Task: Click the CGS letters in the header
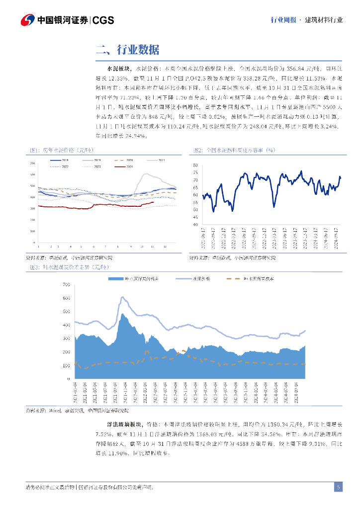103,20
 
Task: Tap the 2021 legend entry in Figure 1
158,160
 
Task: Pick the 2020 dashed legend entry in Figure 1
125,160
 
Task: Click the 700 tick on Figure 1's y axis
33,163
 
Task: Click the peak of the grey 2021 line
145,174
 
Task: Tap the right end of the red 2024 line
154,202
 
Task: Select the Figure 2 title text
234,150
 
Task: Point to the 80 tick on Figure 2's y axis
195,165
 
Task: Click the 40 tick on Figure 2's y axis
195,225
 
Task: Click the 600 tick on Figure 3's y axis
66,298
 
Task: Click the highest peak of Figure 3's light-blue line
122,297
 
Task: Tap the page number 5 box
338,488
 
